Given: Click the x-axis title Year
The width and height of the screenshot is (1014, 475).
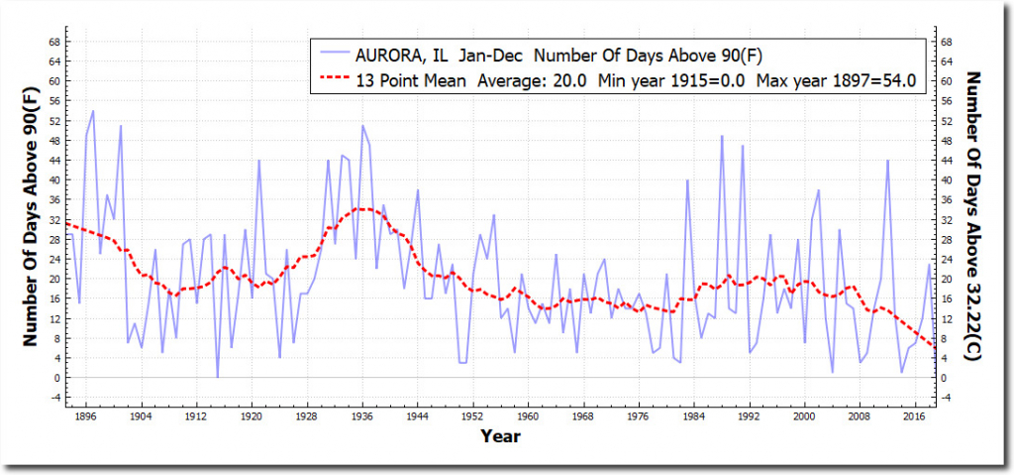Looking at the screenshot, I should (x=500, y=435).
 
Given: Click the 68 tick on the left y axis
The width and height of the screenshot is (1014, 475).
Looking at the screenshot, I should (x=55, y=42).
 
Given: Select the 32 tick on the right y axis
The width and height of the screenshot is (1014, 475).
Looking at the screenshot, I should (x=947, y=219).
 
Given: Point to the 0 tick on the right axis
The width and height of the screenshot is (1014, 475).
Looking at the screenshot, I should (x=944, y=377).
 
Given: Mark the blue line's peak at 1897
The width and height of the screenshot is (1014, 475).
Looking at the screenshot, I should (x=93, y=111).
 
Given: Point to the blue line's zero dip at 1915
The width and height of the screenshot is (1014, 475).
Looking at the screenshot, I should (x=218, y=377).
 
